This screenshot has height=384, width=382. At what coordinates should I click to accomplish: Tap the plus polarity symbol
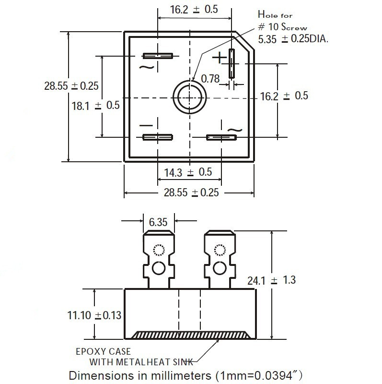219,58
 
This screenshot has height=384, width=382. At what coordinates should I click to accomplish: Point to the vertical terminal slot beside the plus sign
232,63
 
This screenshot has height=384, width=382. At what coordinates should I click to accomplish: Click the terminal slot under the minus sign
157,137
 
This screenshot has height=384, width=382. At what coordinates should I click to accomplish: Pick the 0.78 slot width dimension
210,78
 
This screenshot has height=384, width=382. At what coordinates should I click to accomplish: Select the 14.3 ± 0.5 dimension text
188,172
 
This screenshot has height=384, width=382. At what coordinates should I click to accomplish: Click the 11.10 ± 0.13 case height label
95,315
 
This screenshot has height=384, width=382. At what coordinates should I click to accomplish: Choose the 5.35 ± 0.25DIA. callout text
293,39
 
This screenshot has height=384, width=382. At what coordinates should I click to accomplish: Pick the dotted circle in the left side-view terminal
158,250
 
